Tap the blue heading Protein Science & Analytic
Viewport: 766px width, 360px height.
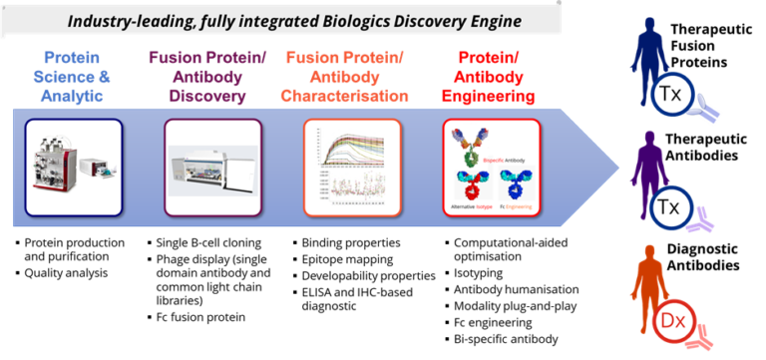coord(75,75)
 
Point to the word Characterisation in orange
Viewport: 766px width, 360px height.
coord(345,97)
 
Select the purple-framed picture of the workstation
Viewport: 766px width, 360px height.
coord(212,168)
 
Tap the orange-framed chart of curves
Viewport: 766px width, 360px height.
coord(351,167)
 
